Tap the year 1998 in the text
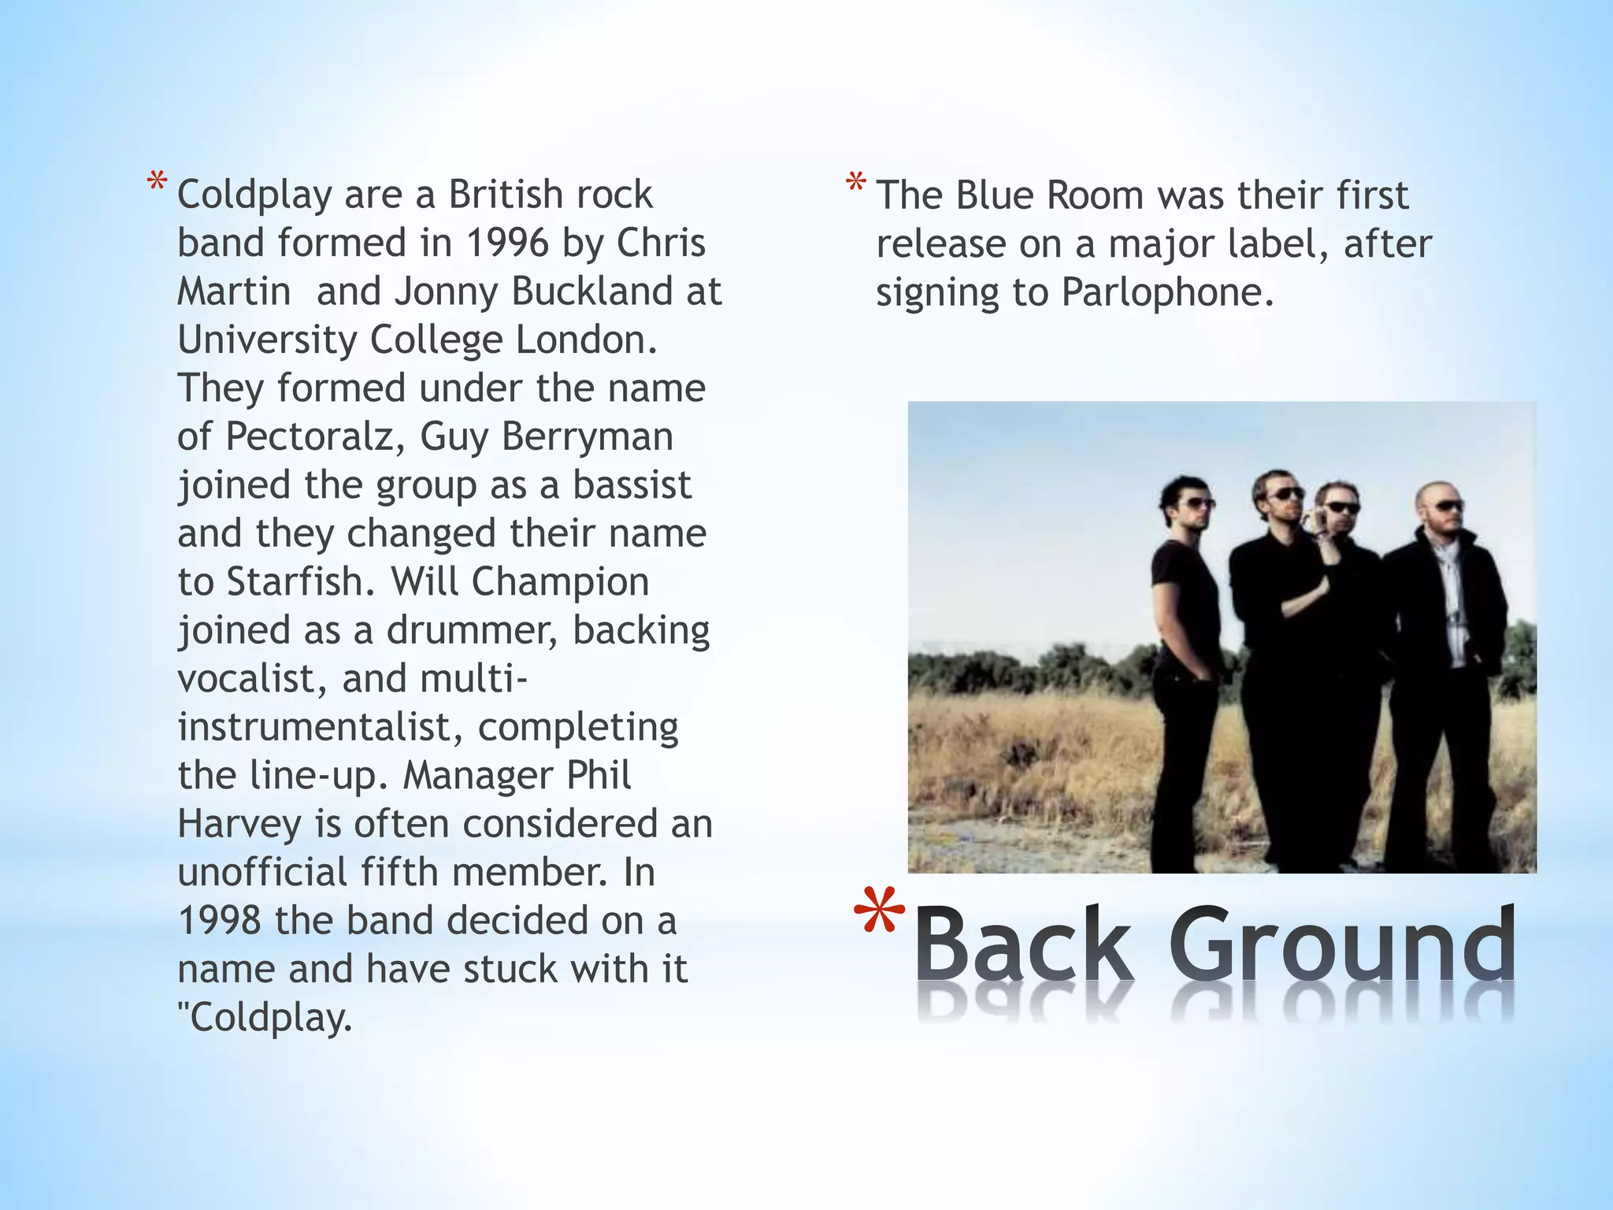[x=220, y=920]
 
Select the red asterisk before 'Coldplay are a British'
[x=157, y=186]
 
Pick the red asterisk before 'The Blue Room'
[x=856, y=186]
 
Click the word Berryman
[x=587, y=436]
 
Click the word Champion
[x=560, y=581]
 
